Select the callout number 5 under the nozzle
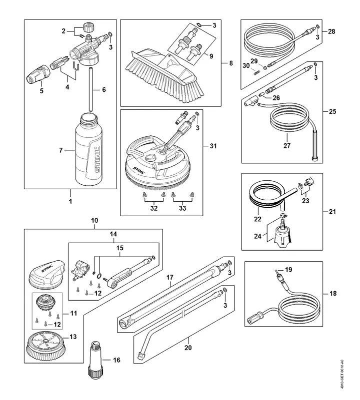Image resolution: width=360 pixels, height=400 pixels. point(42,91)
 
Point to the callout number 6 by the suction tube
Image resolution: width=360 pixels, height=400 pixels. point(104,90)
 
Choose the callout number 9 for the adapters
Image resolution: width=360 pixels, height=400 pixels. point(211,56)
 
